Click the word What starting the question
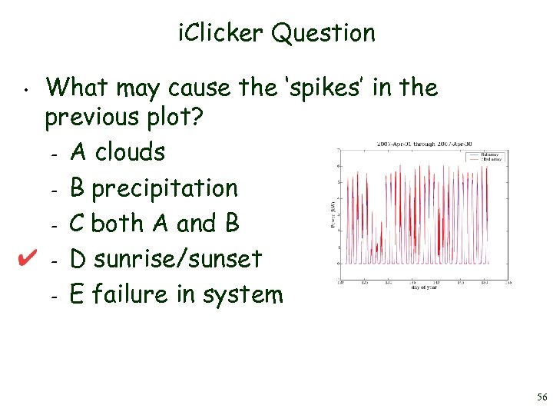tap(78, 88)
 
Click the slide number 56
tap(541, 397)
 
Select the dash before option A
tap(50, 154)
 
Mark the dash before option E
tap(50, 295)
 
